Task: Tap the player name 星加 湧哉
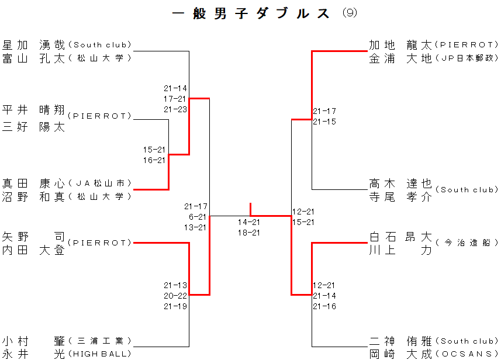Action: click(x=34, y=44)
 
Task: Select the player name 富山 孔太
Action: click(x=34, y=58)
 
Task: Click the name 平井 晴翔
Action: click(x=34, y=109)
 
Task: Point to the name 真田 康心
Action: click(x=34, y=183)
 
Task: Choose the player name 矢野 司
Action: click(x=34, y=237)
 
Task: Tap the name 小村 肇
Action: click(x=34, y=341)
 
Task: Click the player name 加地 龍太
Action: click(x=400, y=44)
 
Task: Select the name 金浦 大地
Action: click(x=400, y=58)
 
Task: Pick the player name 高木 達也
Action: click(x=400, y=183)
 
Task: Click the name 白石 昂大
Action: click(x=400, y=237)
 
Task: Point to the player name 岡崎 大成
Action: click(x=400, y=354)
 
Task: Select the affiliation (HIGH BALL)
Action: click(x=99, y=354)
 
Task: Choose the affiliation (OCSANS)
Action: click(x=467, y=354)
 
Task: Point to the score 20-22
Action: click(x=175, y=296)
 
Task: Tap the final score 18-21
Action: click(x=249, y=233)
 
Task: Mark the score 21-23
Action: click(x=175, y=109)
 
